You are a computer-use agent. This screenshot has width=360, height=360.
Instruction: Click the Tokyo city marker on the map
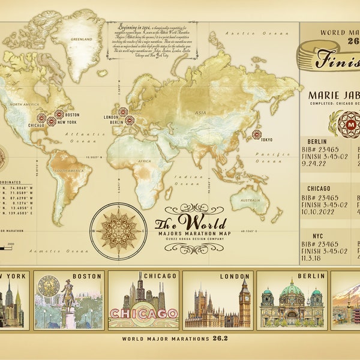[x=256, y=134]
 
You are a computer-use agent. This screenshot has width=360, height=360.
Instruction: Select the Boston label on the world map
[x=72, y=114]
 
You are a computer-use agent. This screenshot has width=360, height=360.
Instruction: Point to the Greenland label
[x=82, y=39]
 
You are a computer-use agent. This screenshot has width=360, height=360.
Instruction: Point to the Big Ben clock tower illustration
[x=245, y=303]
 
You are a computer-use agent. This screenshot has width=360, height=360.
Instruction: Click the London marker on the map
[x=123, y=112]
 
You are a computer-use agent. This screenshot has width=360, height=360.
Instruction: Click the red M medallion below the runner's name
[x=334, y=123]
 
